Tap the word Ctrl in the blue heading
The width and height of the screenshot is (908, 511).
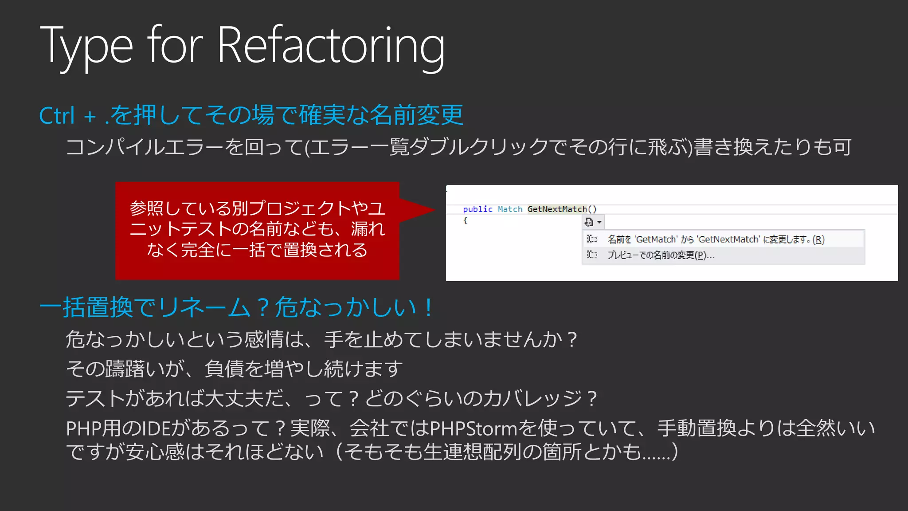coord(56,116)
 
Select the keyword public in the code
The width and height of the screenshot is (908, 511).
coord(477,209)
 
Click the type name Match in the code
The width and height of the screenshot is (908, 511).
coord(510,209)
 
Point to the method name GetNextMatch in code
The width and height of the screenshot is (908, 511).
coord(557,209)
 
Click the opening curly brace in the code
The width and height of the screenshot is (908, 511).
coord(466,220)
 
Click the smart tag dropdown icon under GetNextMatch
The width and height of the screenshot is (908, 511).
coord(592,222)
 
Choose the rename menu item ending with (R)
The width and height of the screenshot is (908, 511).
coord(716,240)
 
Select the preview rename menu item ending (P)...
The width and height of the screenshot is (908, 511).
coord(661,255)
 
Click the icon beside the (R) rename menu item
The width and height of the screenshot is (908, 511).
coord(592,239)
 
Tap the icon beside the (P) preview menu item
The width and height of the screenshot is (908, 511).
coord(592,255)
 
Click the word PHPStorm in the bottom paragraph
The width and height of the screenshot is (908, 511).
coord(474,429)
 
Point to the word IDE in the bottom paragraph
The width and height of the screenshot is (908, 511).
coord(157,429)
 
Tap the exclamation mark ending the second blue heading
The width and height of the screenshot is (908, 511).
coord(428,308)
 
